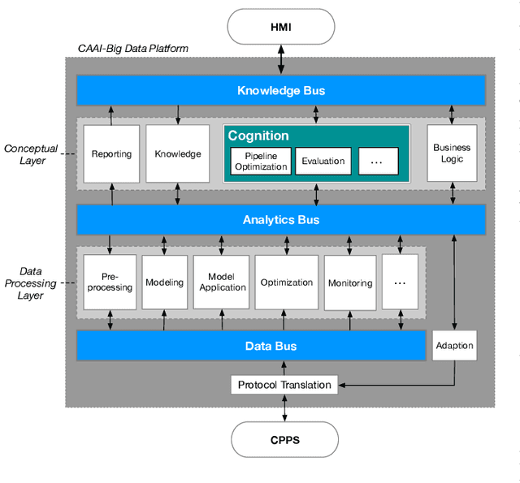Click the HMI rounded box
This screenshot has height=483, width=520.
pyautogui.click(x=281, y=26)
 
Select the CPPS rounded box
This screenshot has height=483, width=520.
pyautogui.click(x=284, y=440)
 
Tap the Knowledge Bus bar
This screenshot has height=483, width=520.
pyautogui.click(x=281, y=90)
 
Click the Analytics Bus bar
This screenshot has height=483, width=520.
pyautogui.click(x=281, y=219)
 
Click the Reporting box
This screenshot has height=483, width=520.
pyautogui.click(x=111, y=153)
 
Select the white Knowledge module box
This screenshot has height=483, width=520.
pyautogui.click(x=178, y=153)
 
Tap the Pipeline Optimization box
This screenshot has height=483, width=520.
pyautogui.click(x=260, y=161)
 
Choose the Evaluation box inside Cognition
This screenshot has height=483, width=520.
pyautogui.click(x=323, y=161)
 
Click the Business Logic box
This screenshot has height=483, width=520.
pyautogui.click(x=452, y=153)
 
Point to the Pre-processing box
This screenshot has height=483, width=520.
pyautogui.click(x=110, y=282)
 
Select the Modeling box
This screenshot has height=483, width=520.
pyautogui.click(x=165, y=282)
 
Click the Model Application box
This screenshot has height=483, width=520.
pyautogui.click(x=222, y=282)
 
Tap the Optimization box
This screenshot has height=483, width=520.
pyautogui.click(x=286, y=282)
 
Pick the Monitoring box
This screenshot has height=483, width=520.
pyautogui.click(x=350, y=282)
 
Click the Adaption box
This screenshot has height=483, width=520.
pyautogui.click(x=454, y=346)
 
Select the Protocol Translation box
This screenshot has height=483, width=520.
pyautogui.click(x=284, y=384)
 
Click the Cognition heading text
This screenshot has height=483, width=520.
pyautogui.click(x=258, y=136)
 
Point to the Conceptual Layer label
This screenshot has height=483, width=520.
pyautogui.click(x=30, y=154)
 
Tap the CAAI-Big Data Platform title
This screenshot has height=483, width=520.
pyautogui.click(x=133, y=49)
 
